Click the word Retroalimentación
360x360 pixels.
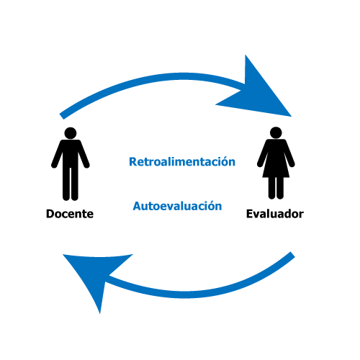click(182, 161)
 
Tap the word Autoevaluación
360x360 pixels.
click(177, 206)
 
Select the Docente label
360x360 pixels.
click(70, 214)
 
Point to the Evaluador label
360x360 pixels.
click(275, 214)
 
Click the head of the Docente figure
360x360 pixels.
click(71, 133)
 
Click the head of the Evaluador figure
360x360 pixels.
click(276, 132)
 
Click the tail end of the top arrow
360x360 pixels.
click(62, 116)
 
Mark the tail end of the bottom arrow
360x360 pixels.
click(293, 255)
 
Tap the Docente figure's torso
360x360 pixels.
click(71, 153)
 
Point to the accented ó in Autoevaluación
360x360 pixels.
click(211, 206)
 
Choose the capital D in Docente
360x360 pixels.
click(50, 214)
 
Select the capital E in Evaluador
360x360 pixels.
click(250, 214)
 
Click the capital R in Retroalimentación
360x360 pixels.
click(133, 162)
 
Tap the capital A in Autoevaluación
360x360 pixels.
click(138, 206)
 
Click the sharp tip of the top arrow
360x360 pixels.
click(292, 117)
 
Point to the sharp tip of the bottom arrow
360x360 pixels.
click(100, 313)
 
